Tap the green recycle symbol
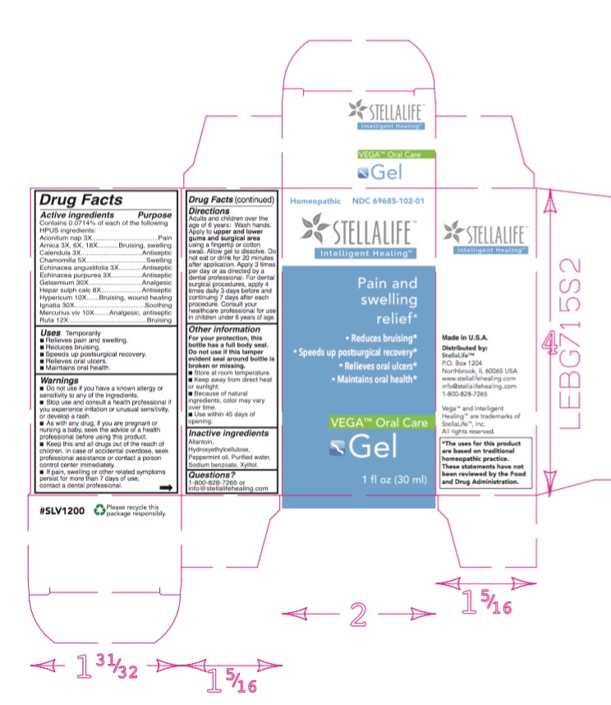pyautogui.click(x=99, y=511)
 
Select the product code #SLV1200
pyautogui.click(x=62, y=511)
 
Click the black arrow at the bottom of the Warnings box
pyautogui.click(x=166, y=488)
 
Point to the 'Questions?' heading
pyautogui.click(x=210, y=474)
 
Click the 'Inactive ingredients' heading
pyautogui.click(x=227, y=432)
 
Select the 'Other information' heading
pyautogui.click(x=221, y=330)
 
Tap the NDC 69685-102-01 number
pyautogui.click(x=388, y=200)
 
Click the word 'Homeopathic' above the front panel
pyautogui.click(x=315, y=200)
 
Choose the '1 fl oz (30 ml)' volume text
pyautogui.click(x=395, y=480)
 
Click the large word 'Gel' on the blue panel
pyautogui.click(x=374, y=448)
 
